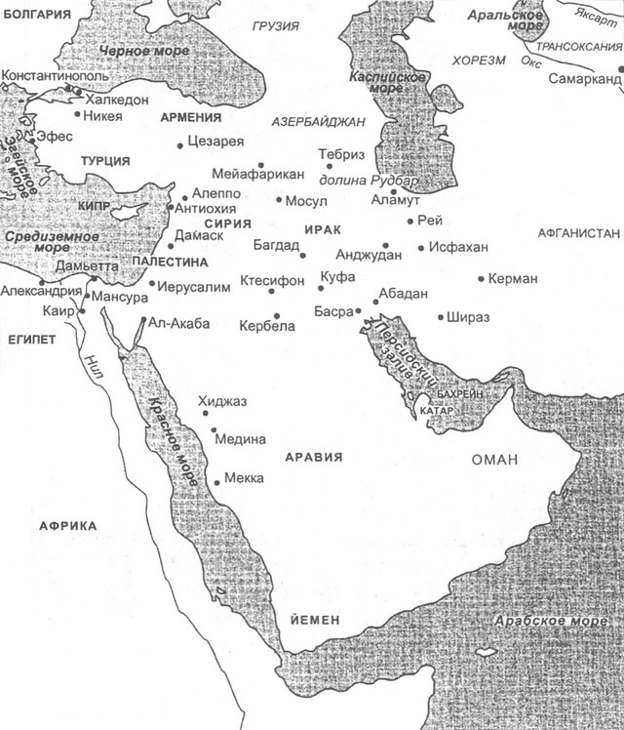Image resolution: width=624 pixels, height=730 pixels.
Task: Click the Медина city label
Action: tap(240, 439)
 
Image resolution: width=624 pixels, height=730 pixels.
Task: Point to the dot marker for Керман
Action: tap(482, 279)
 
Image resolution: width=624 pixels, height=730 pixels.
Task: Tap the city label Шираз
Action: tap(470, 317)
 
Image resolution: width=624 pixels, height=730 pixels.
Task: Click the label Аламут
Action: tap(394, 200)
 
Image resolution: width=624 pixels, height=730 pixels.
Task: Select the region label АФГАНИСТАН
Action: tap(579, 234)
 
